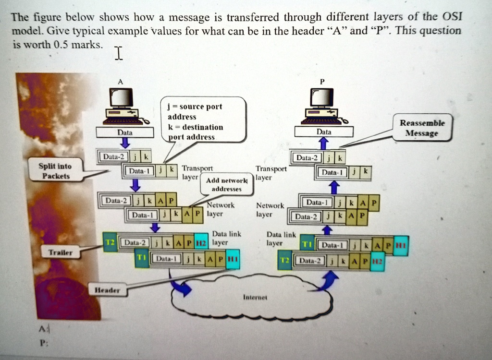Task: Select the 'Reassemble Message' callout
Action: [422, 128]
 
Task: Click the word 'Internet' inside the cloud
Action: [251, 298]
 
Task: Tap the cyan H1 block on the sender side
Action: [233, 259]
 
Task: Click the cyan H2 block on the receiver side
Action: [378, 261]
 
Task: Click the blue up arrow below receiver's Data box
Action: [323, 143]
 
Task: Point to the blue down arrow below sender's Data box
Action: [124, 143]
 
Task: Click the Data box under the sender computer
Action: [124, 132]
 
